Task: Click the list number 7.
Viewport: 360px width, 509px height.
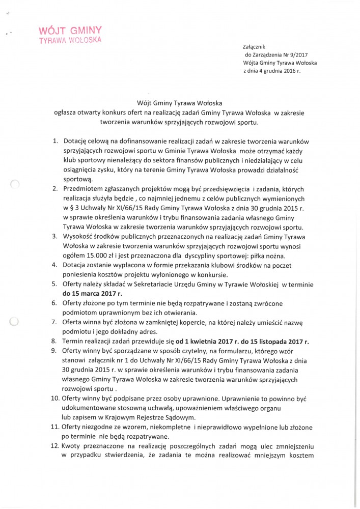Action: pos(57,322)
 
